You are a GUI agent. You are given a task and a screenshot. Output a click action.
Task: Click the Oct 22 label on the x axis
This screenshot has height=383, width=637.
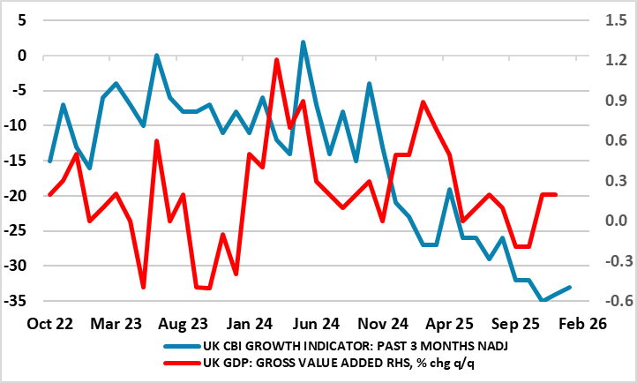[50, 323]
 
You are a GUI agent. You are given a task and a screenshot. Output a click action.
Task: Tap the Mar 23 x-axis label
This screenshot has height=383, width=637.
[116, 323]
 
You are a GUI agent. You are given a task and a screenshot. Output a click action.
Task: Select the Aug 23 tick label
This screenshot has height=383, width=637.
[184, 323]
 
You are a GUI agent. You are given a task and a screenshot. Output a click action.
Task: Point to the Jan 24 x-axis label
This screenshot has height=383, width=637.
[250, 323]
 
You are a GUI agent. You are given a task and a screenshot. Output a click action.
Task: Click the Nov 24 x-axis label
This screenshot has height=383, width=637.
[383, 323]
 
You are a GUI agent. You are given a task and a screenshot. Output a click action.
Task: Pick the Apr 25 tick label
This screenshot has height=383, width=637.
[450, 323]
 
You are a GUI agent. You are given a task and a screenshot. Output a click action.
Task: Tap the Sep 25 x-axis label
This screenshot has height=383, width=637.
[516, 323]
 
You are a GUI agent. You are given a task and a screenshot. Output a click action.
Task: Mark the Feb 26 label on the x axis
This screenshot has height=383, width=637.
[582, 323]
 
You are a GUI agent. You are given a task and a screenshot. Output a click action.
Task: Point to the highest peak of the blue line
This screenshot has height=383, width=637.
[303, 41]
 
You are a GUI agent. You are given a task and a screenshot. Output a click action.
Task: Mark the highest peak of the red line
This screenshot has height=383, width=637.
[276, 60]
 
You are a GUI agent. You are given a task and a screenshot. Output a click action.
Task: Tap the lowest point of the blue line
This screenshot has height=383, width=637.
[543, 301]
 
